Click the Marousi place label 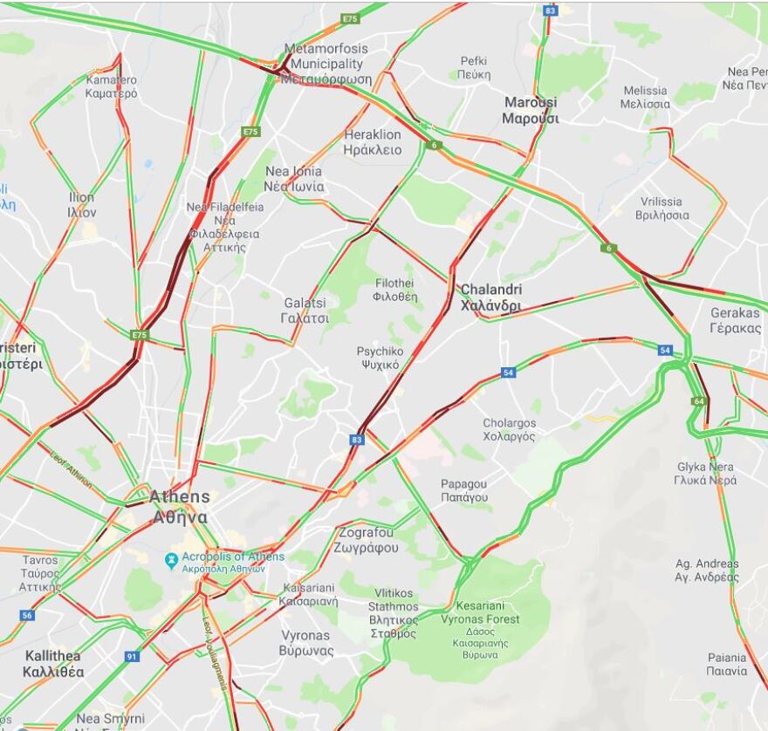pyautogui.click(x=531, y=110)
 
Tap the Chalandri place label pyautogui.click(x=490, y=297)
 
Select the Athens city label pyautogui.click(x=180, y=506)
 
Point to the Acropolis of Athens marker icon pyautogui.click(x=172, y=561)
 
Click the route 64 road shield pyautogui.click(x=698, y=400)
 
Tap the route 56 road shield pyautogui.click(x=27, y=615)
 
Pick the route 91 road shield pyautogui.click(x=132, y=656)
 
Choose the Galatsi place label pyautogui.click(x=305, y=310)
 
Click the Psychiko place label pyautogui.click(x=380, y=358)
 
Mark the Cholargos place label pyautogui.click(x=510, y=429)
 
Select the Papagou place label pyautogui.click(x=463, y=490)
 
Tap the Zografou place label pyautogui.click(x=366, y=540)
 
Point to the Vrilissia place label pyautogui.click(x=661, y=208)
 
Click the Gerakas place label pyautogui.click(x=735, y=320)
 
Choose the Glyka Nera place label pyautogui.click(x=705, y=473)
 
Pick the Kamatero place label pyautogui.click(x=111, y=86)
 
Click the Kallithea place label pyautogui.click(x=54, y=663)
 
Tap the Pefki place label pyautogui.click(x=475, y=68)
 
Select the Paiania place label pyautogui.click(x=727, y=664)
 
